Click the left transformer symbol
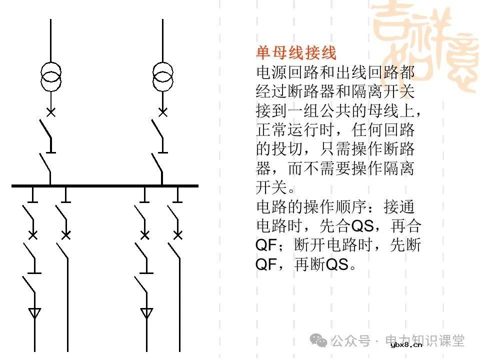[x=50, y=76]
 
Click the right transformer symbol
[x=162, y=76]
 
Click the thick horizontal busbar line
[x=105, y=185]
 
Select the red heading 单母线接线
[x=296, y=52]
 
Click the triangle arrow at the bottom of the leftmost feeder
[x=34, y=313]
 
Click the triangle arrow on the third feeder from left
[x=146, y=313]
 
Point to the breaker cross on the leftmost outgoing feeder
[x=33, y=234]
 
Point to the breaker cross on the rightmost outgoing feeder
[x=177, y=234]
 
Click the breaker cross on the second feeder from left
[x=65, y=234]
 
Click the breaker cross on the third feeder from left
[x=145, y=234]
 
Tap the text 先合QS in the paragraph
[x=352, y=226]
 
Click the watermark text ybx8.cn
[x=406, y=344]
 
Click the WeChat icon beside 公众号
[x=318, y=340]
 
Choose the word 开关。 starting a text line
[x=276, y=187]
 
